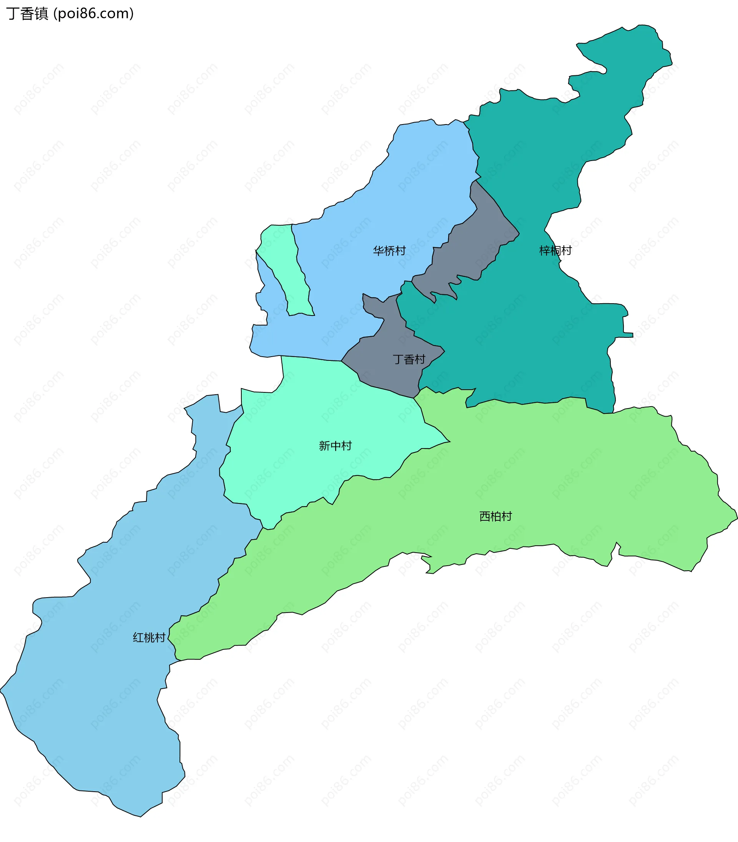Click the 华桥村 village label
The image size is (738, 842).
(389, 250)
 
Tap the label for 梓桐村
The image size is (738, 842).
(555, 250)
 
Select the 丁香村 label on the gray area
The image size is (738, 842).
(409, 359)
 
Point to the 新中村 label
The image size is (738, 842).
(335, 446)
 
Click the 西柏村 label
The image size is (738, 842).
(495, 516)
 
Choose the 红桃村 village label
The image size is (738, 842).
(149, 638)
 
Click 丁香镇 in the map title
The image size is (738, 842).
(27, 13)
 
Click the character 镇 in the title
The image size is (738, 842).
(42, 13)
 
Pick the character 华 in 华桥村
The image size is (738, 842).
(379, 250)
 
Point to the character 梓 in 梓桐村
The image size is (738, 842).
(545, 250)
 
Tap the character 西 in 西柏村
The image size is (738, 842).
(485, 516)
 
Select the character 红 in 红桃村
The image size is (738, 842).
(138, 638)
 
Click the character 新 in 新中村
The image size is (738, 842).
(324, 446)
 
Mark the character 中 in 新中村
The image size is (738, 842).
(335, 446)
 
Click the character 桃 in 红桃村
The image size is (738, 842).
(149, 638)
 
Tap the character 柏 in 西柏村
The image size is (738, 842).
(495, 516)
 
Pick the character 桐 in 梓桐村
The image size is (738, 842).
(555, 250)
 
